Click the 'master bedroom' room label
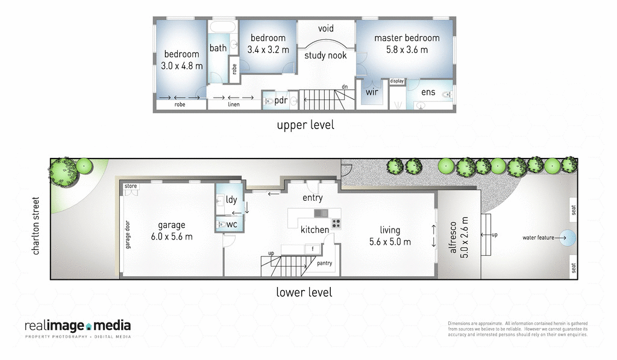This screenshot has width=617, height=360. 407,38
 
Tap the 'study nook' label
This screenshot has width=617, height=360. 325,55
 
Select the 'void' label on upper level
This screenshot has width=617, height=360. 325,28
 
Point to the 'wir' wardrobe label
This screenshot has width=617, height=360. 372,93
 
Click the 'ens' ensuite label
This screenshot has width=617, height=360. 428,92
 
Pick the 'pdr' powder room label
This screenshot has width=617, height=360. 281,101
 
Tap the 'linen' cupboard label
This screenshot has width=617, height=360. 234,104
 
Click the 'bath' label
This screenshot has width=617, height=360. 218,48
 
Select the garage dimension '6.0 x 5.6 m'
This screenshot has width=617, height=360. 172,236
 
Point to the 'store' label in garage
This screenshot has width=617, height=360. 131,187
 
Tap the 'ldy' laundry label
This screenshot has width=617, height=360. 231,200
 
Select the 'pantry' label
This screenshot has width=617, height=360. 324,263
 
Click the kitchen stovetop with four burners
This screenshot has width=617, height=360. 336,223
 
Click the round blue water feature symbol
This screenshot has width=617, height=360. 568,237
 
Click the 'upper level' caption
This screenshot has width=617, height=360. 305,125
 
